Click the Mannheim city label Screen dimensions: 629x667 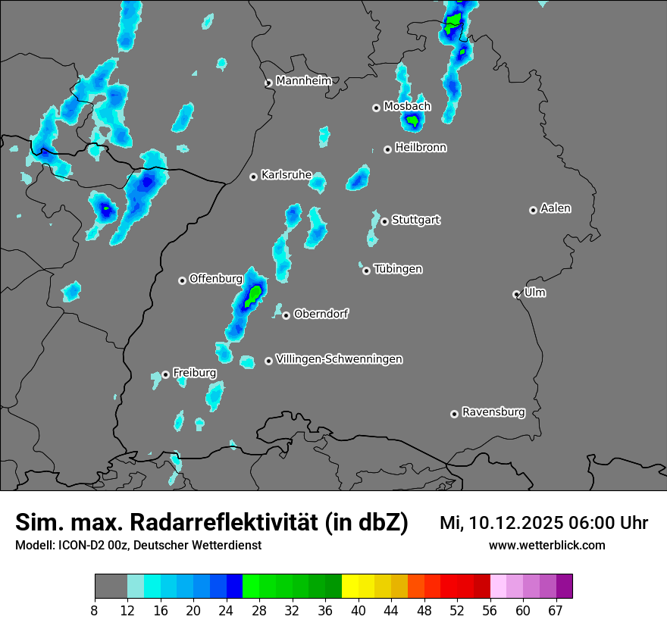point(304,80)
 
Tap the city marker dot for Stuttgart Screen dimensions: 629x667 point(385,221)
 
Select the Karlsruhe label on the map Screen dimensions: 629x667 point(287,175)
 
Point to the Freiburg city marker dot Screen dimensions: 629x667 point(166,374)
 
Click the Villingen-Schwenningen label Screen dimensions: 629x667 point(340,359)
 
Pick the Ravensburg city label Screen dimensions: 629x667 point(493,412)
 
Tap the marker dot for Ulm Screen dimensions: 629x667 point(517,294)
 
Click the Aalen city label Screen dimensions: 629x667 point(556,208)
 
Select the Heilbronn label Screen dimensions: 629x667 point(421,148)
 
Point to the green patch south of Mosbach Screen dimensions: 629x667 point(412,120)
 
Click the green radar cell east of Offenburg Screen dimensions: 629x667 point(255,292)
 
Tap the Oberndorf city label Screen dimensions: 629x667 point(321,314)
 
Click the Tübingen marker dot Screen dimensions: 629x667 point(367,271)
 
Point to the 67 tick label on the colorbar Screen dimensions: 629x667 point(556,611)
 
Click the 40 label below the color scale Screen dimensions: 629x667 point(359,611)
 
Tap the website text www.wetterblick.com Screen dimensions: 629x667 point(547,546)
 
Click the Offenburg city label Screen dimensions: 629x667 point(215,279)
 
